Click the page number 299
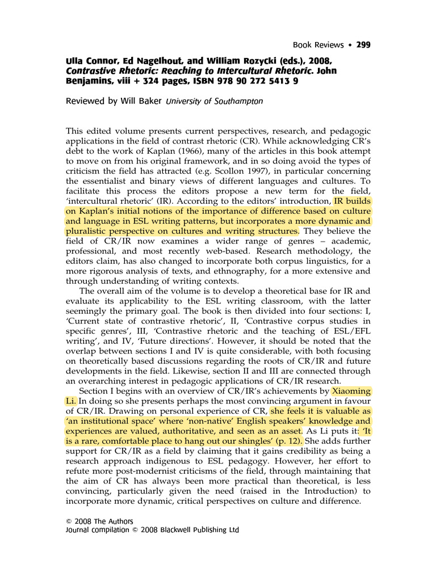(363, 45)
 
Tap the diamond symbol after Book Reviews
(350, 45)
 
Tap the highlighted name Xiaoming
(351, 391)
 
